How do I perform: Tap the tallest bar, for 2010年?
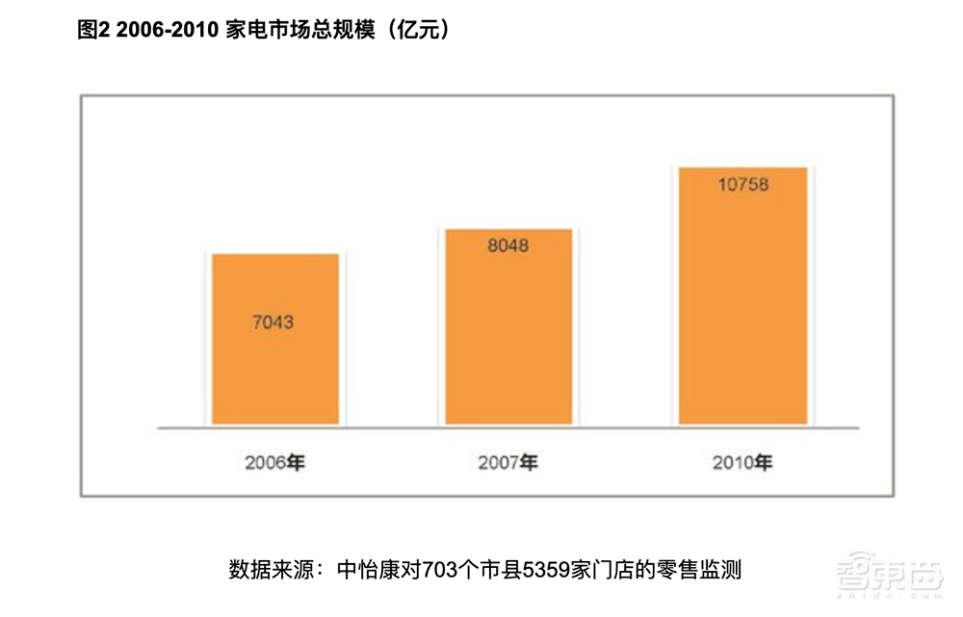pos(742,318)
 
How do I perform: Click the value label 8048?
pos(508,245)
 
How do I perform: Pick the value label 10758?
pos(742,184)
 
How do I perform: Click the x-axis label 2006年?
pos(275,463)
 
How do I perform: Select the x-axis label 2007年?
pos(508,463)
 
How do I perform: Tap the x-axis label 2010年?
pos(742,463)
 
